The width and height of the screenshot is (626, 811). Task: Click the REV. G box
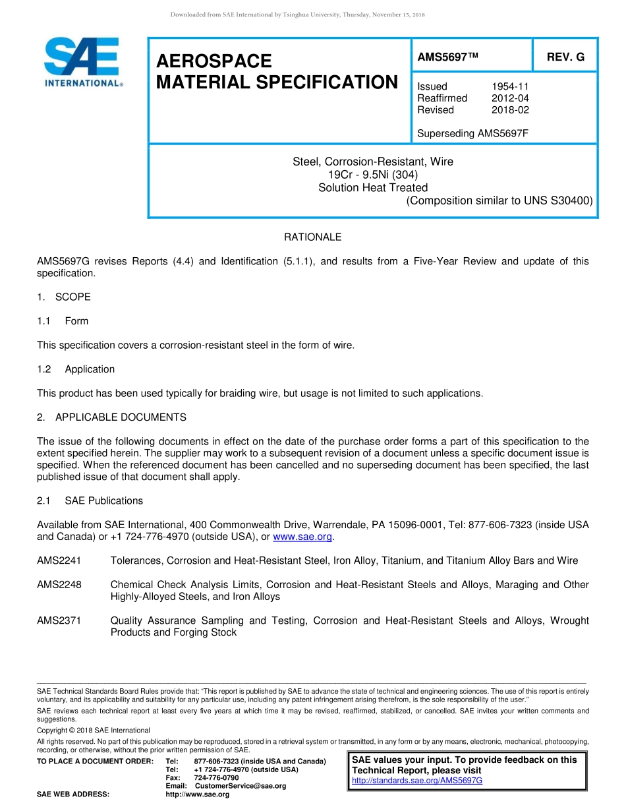tap(565, 57)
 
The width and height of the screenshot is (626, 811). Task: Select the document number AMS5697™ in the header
tap(447, 57)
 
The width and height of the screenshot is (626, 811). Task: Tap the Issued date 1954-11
tap(510, 86)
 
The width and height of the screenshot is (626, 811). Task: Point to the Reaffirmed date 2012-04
tap(510, 98)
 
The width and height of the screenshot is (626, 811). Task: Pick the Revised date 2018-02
tap(510, 110)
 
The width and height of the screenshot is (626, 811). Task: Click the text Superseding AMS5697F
tap(472, 134)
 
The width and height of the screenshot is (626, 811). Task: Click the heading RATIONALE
tap(312, 237)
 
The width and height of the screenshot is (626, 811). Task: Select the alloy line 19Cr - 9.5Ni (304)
tap(373, 175)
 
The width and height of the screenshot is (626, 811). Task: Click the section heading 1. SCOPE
tap(64, 297)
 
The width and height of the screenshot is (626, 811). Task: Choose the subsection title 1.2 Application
tap(76, 369)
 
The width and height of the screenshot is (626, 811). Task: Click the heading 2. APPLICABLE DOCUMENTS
tap(111, 417)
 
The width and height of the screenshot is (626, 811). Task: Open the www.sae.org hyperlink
tap(302, 537)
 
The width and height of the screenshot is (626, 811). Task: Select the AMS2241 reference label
tap(59, 561)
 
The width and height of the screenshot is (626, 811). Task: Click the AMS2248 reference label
tap(59, 585)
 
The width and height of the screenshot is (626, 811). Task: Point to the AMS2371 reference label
tap(59, 621)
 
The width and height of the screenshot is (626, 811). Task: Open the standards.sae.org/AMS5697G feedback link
tap(417, 781)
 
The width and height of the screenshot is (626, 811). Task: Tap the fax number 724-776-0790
tap(216, 778)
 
